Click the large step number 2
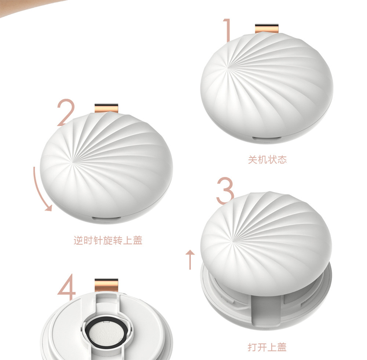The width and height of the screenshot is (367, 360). pos(66,113)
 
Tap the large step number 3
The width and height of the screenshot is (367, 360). pos(225,191)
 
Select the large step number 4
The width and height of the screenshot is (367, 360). pos(67,287)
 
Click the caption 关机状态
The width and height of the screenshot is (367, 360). pos(267,160)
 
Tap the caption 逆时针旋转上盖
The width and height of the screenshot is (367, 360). pos(108,240)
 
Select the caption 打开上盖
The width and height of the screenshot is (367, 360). pos(267,347)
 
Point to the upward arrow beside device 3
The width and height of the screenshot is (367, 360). pos(190,260)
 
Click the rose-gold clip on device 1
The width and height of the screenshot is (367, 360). pos(267,28)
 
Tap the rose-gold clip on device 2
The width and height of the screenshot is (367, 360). pos(107,108)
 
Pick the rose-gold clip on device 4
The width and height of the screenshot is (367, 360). pos(107,285)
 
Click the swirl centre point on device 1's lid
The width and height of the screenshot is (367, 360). pos(228,68)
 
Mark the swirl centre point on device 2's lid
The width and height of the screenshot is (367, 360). pos(73,161)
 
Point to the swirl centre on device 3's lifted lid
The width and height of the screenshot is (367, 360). pos(233,240)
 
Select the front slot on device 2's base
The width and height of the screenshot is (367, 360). pos(106,218)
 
